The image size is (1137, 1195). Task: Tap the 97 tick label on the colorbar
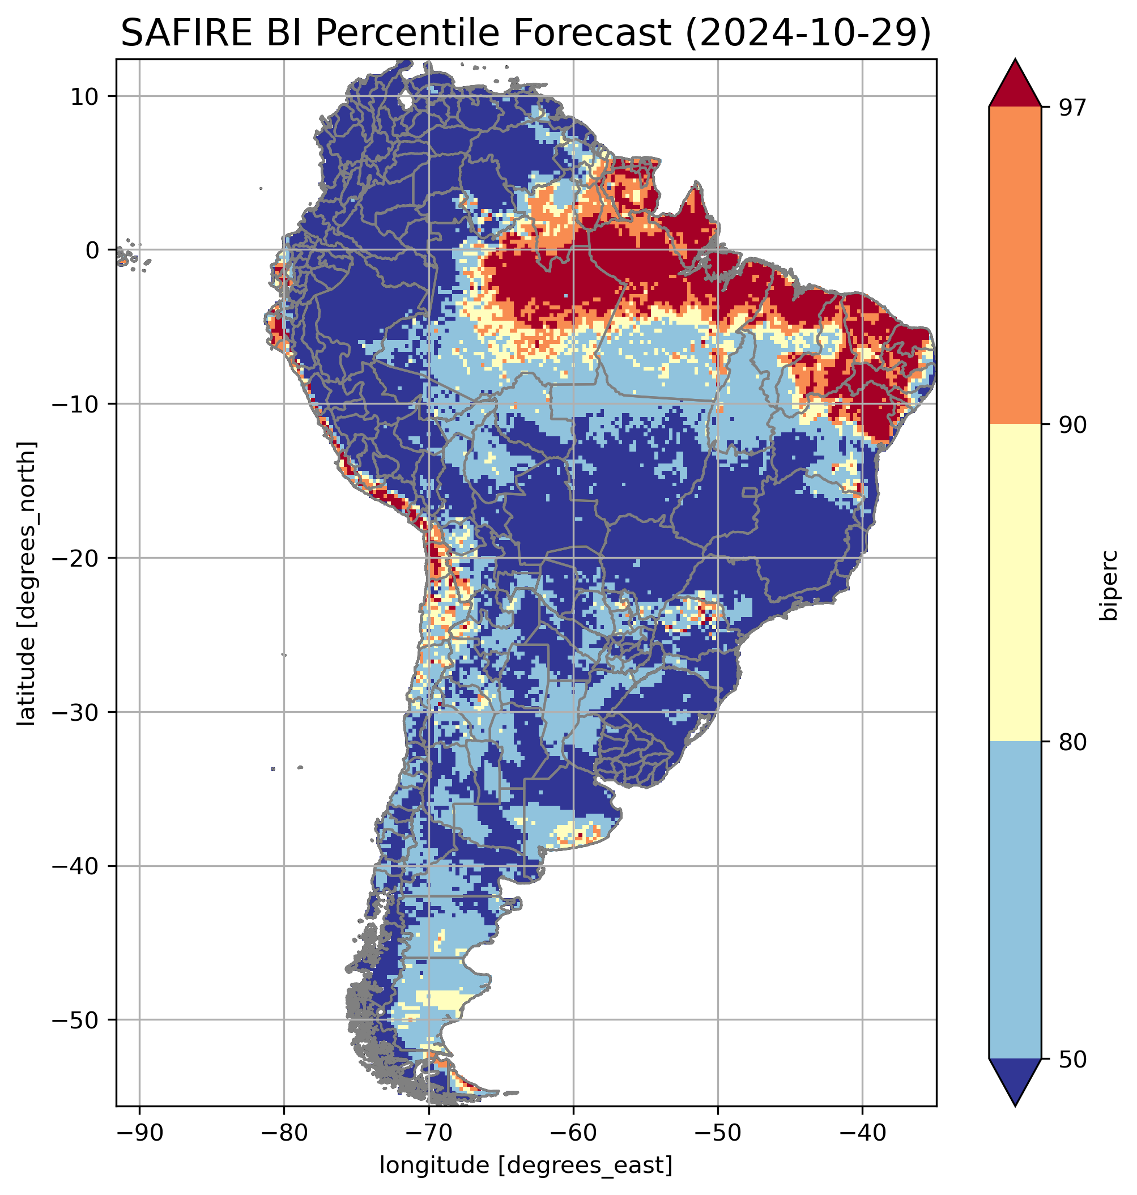1072,107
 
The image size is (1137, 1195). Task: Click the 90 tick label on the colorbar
1072,424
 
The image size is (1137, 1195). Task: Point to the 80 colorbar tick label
1072,742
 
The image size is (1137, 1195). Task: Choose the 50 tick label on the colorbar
1072,1058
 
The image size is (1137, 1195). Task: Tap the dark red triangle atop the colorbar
1015,85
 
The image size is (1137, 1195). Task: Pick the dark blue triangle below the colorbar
1015,1080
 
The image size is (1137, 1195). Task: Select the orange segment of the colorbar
1015,266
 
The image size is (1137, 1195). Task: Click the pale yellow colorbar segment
1015,582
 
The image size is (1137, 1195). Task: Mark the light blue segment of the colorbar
1015,900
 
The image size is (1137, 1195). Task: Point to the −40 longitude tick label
862,1133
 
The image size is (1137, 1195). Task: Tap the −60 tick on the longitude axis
573,1133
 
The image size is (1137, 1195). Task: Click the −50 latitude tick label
76,1020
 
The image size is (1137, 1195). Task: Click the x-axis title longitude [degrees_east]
526,1164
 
